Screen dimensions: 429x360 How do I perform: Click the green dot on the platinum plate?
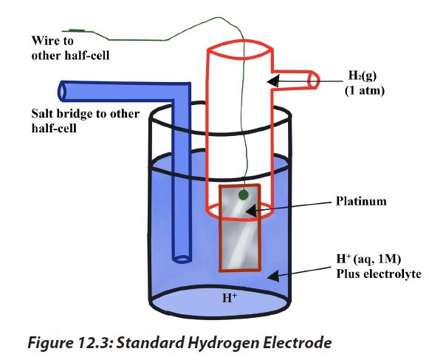pyautogui.click(x=243, y=195)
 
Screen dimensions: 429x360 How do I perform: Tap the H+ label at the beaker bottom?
pyautogui.click(x=230, y=297)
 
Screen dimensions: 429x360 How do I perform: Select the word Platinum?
pyautogui.click(x=361, y=201)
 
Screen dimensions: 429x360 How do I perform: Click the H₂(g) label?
pyautogui.click(x=363, y=75)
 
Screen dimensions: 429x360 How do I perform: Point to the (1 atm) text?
pyautogui.click(x=365, y=90)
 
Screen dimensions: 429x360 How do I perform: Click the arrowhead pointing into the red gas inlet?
pyautogui.click(x=273, y=81)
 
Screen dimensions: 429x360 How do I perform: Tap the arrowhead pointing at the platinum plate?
pyautogui.click(x=252, y=211)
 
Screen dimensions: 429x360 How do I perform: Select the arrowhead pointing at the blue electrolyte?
pyautogui.click(x=273, y=276)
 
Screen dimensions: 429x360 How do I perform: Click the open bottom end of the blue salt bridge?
pyautogui.click(x=182, y=259)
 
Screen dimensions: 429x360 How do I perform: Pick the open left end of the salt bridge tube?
pyautogui.click(x=61, y=91)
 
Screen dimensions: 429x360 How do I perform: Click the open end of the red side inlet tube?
pyautogui.click(x=314, y=81)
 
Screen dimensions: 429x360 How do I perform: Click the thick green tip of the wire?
pyautogui.click(x=77, y=30)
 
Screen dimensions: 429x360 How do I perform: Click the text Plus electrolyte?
pyautogui.click(x=379, y=274)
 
